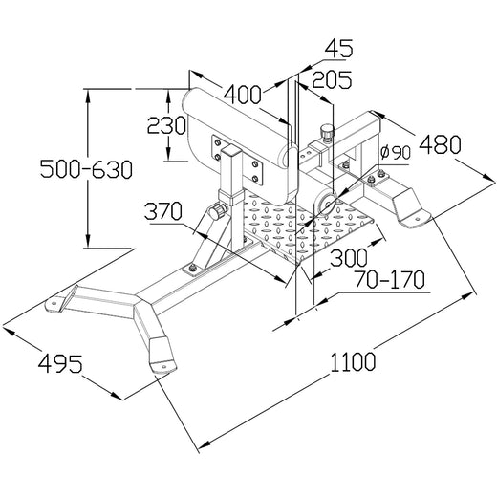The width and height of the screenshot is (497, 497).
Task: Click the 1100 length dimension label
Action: click(x=353, y=362)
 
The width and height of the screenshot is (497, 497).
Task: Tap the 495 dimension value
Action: click(x=60, y=363)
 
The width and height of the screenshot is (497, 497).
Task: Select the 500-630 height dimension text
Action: click(x=86, y=169)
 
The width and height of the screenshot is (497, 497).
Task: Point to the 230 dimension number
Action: click(x=166, y=125)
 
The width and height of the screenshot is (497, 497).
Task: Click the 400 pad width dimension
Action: click(x=242, y=95)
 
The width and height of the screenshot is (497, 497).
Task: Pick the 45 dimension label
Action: click(x=338, y=48)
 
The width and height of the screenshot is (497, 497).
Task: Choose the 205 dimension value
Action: click(x=332, y=79)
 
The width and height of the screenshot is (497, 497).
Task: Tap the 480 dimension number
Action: click(x=440, y=145)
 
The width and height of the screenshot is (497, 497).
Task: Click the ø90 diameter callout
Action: click(x=396, y=152)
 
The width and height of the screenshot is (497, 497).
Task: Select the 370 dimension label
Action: click(x=163, y=211)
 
